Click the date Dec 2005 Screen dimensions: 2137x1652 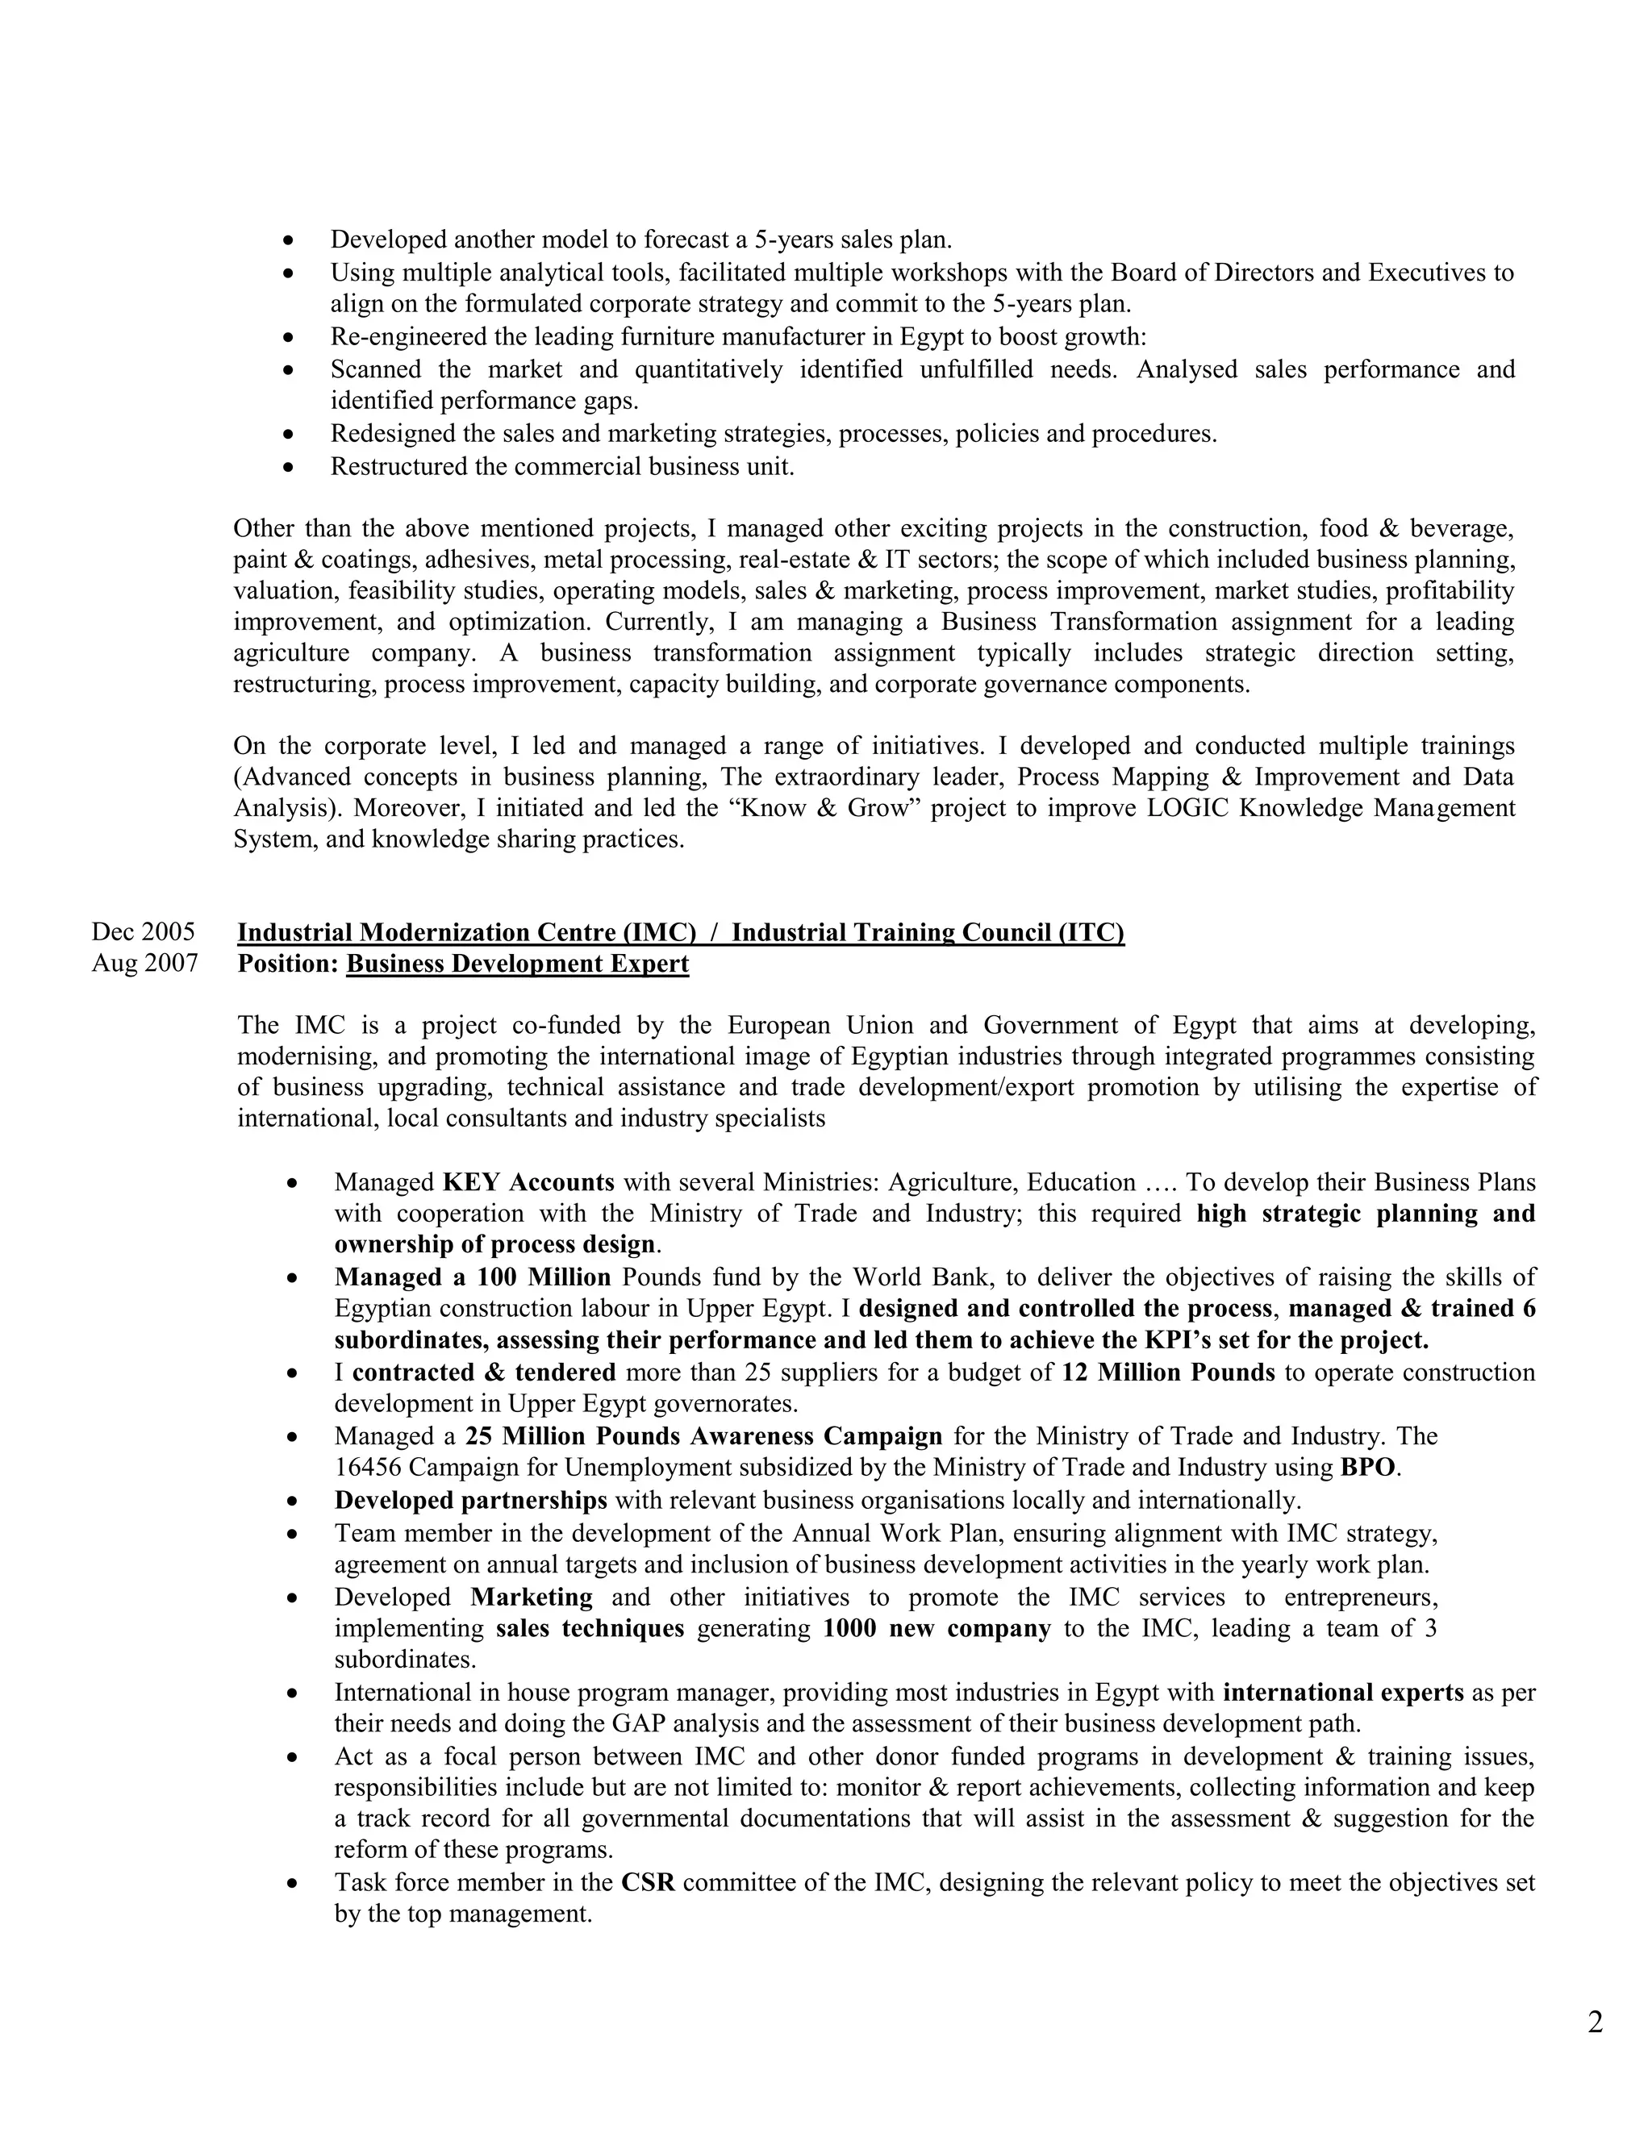coord(143,931)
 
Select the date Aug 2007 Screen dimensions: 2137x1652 coord(145,964)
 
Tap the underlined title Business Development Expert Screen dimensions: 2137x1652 coord(518,964)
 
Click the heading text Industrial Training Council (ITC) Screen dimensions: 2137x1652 coord(928,932)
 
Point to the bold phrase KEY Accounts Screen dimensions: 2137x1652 coord(528,1182)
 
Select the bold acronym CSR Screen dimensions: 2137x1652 coord(648,1883)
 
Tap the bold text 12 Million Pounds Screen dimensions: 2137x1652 coord(1169,1373)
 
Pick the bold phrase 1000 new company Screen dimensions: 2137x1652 coord(937,1628)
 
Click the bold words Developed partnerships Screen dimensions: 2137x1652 coord(471,1500)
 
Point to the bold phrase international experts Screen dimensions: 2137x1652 coord(1344,1693)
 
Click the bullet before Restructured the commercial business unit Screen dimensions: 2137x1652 coord(288,468)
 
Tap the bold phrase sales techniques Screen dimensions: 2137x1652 coord(590,1628)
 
